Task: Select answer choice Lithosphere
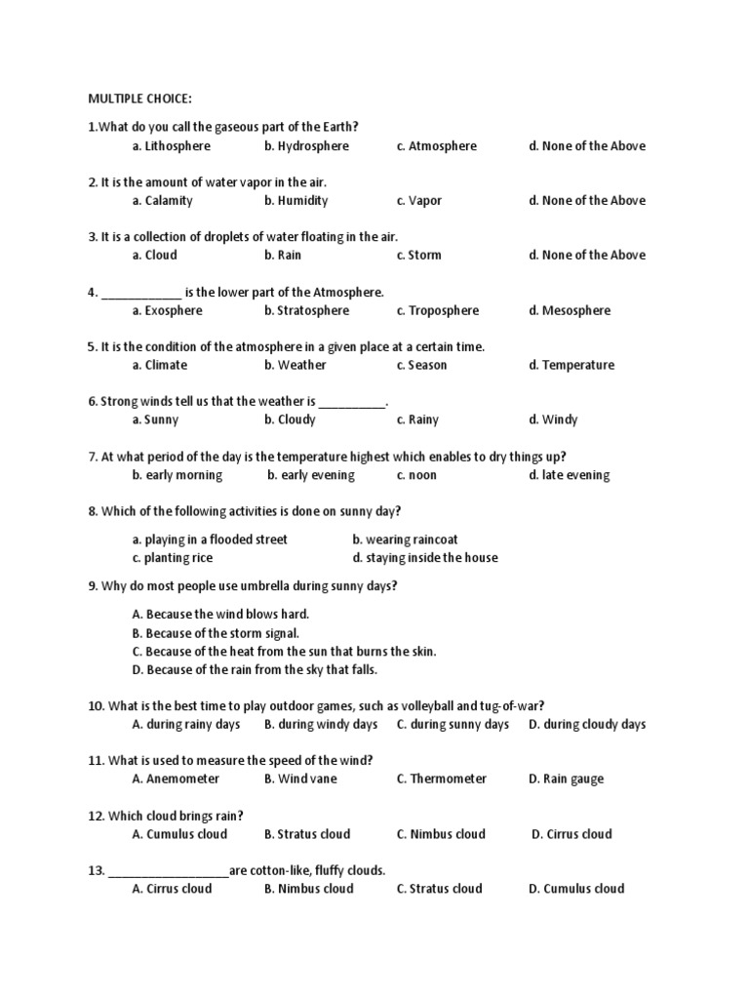[x=171, y=146]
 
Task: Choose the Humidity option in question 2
[x=296, y=201]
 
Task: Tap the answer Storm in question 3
[x=418, y=256]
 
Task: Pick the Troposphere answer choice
[x=437, y=311]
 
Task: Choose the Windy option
[x=553, y=420]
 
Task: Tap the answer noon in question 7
[x=416, y=476]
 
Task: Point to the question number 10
[x=96, y=706]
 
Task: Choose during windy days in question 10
[x=320, y=725]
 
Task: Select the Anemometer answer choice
[x=176, y=779]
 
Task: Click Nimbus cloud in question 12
[x=440, y=834]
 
